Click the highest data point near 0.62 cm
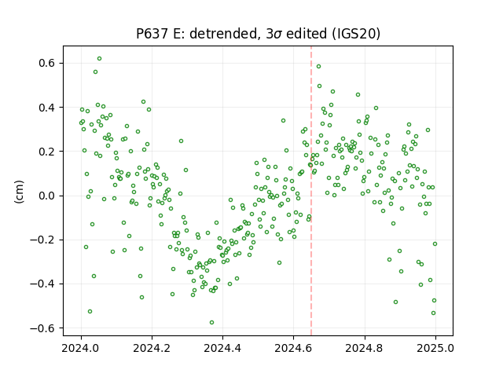click(100, 59)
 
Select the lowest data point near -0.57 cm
click(211, 323)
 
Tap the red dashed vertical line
click(311, 191)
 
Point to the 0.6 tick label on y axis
click(47, 63)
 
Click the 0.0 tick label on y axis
click(47, 196)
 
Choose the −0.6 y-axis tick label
click(42, 328)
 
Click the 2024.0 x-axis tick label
click(82, 348)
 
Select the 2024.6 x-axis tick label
click(293, 348)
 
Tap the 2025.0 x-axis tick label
click(435, 348)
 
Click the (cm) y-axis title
click(19, 192)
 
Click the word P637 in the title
click(152, 34)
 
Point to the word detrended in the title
click(224, 34)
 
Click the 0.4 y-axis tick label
click(47, 108)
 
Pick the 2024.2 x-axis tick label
click(152, 348)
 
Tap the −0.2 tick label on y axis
click(42, 240)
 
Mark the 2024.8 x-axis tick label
click(365, 348)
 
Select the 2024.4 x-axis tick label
click(222, 348)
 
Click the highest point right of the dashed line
click(318, 66)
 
